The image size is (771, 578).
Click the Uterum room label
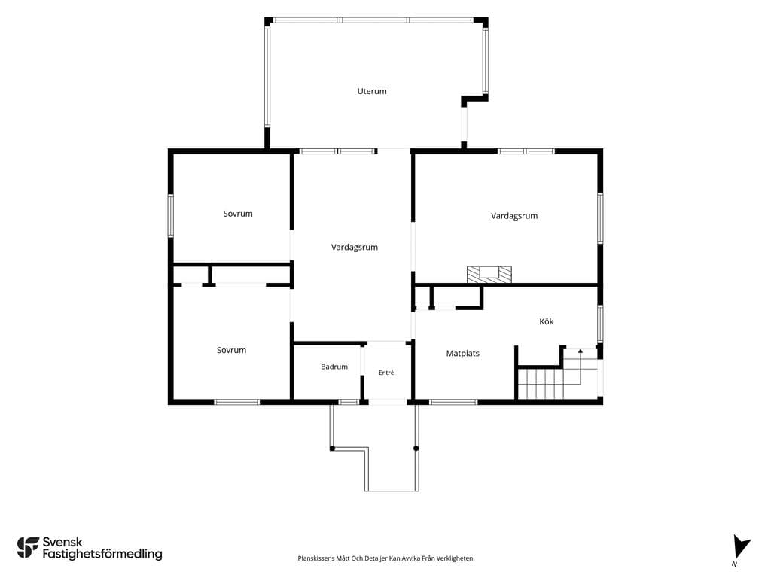tap(372, 91)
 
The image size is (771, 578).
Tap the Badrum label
tap(334, 367)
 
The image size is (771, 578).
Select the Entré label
tap(386, 373)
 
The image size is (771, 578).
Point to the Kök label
tap(547, 321)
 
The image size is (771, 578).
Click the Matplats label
tap(463, 354)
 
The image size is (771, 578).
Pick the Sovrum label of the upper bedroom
tap(238, 214)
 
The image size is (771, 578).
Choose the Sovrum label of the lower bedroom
tap(232, 350)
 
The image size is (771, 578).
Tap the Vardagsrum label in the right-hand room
tap(514, 216)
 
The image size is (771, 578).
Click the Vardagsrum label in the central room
tap(355, 247)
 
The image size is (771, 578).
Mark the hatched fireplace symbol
tap(489, 275)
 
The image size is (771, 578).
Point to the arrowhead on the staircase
tap(581, 351)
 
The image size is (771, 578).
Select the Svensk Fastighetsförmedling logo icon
tap(28, 548)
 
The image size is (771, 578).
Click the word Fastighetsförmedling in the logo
tap(102, 555)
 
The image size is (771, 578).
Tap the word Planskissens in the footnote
tap(317, 558)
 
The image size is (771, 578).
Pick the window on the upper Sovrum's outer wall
tap(171, 216)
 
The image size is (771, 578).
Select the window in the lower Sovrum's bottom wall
tap(237, 402)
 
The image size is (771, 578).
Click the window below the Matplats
tap(453, 402)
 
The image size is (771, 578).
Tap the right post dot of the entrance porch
tap(416, 449)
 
